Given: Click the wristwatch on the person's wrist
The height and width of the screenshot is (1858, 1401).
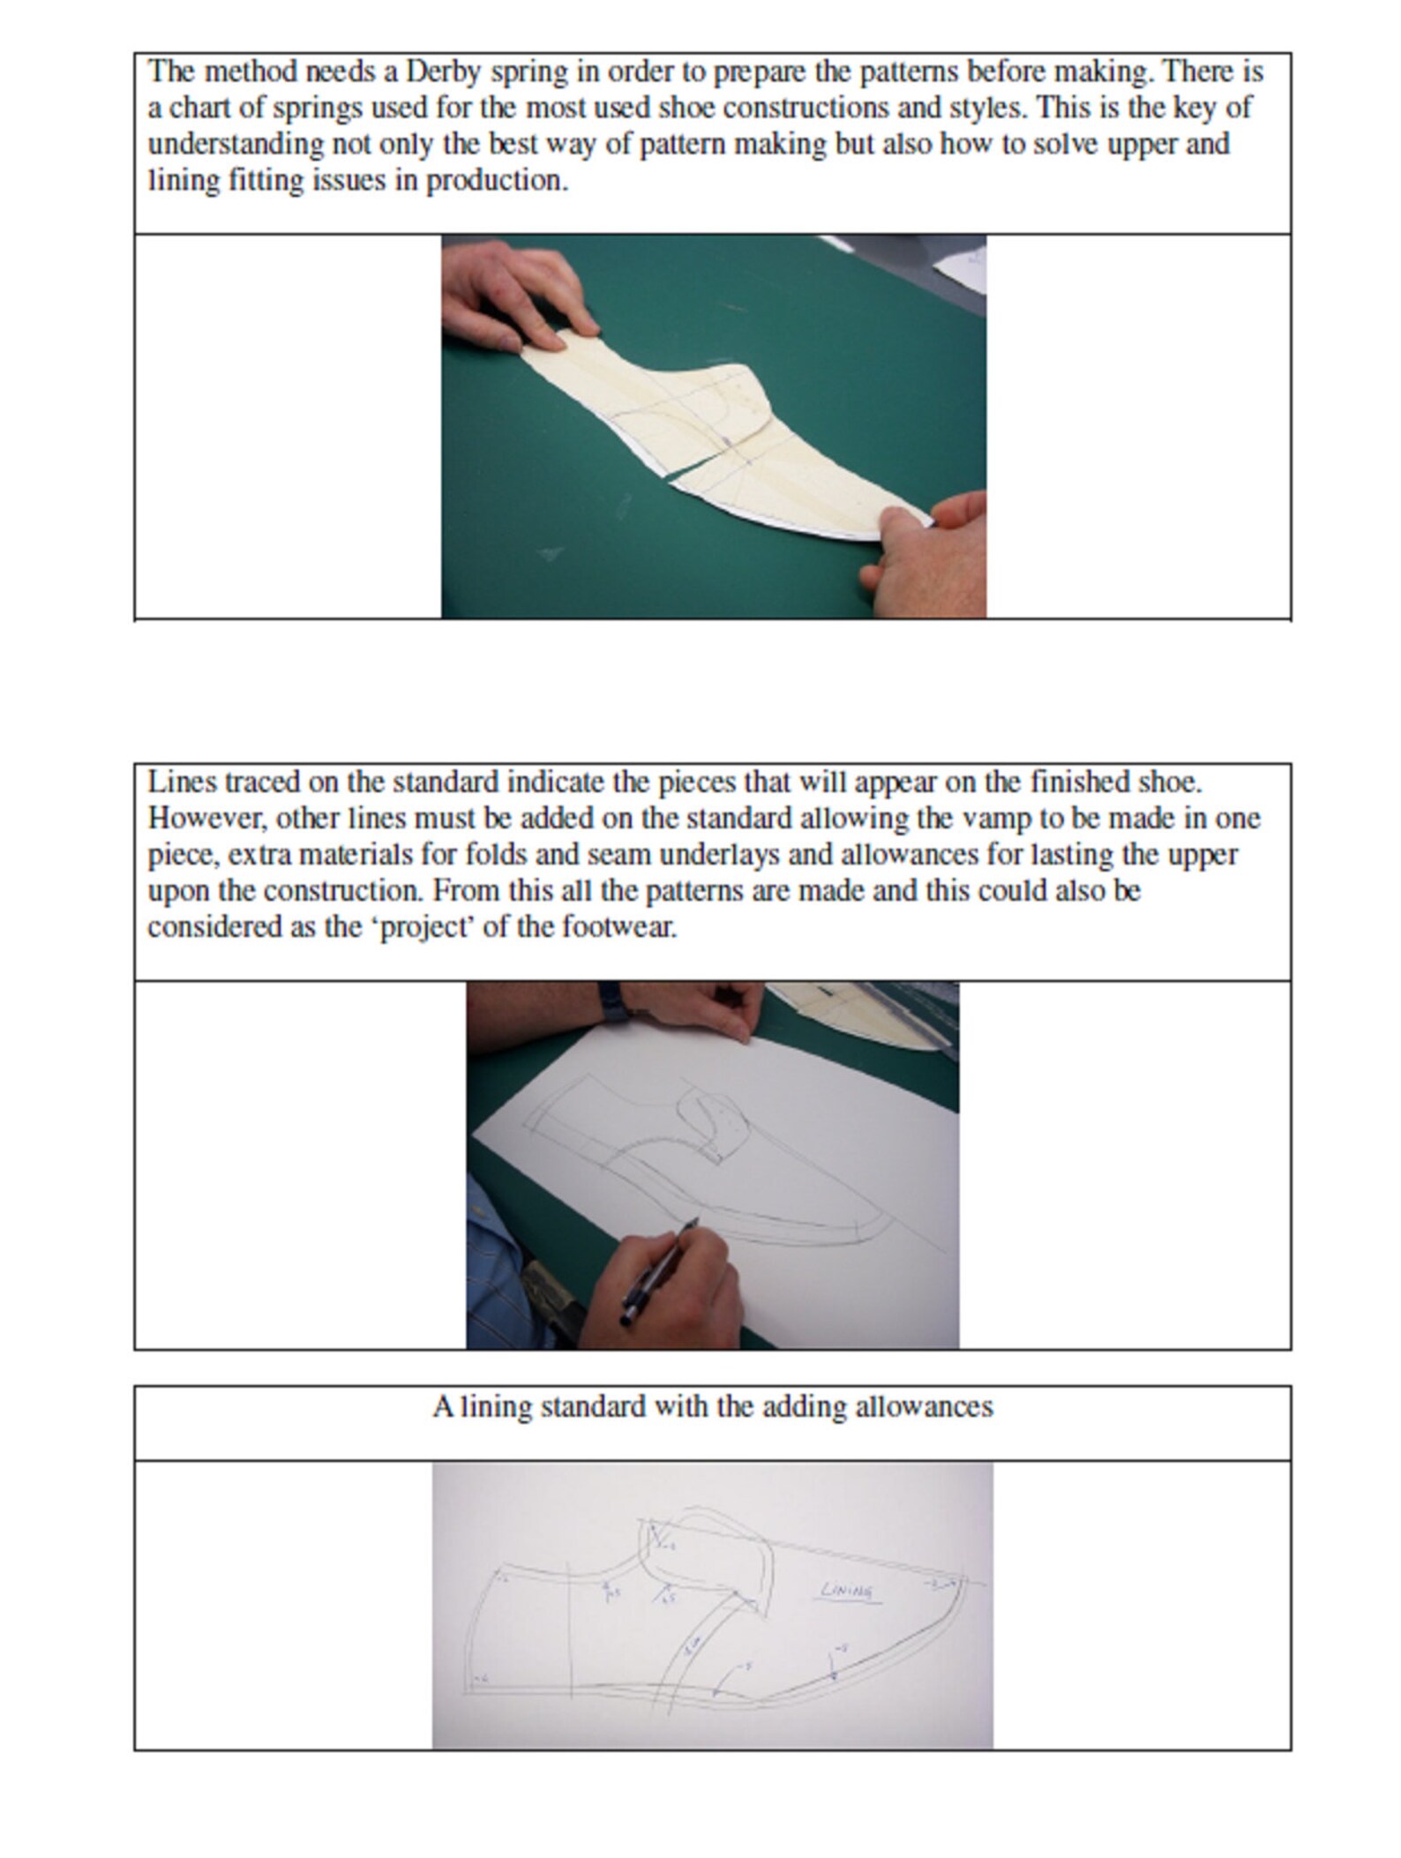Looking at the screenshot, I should click(x=612, y=1002).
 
